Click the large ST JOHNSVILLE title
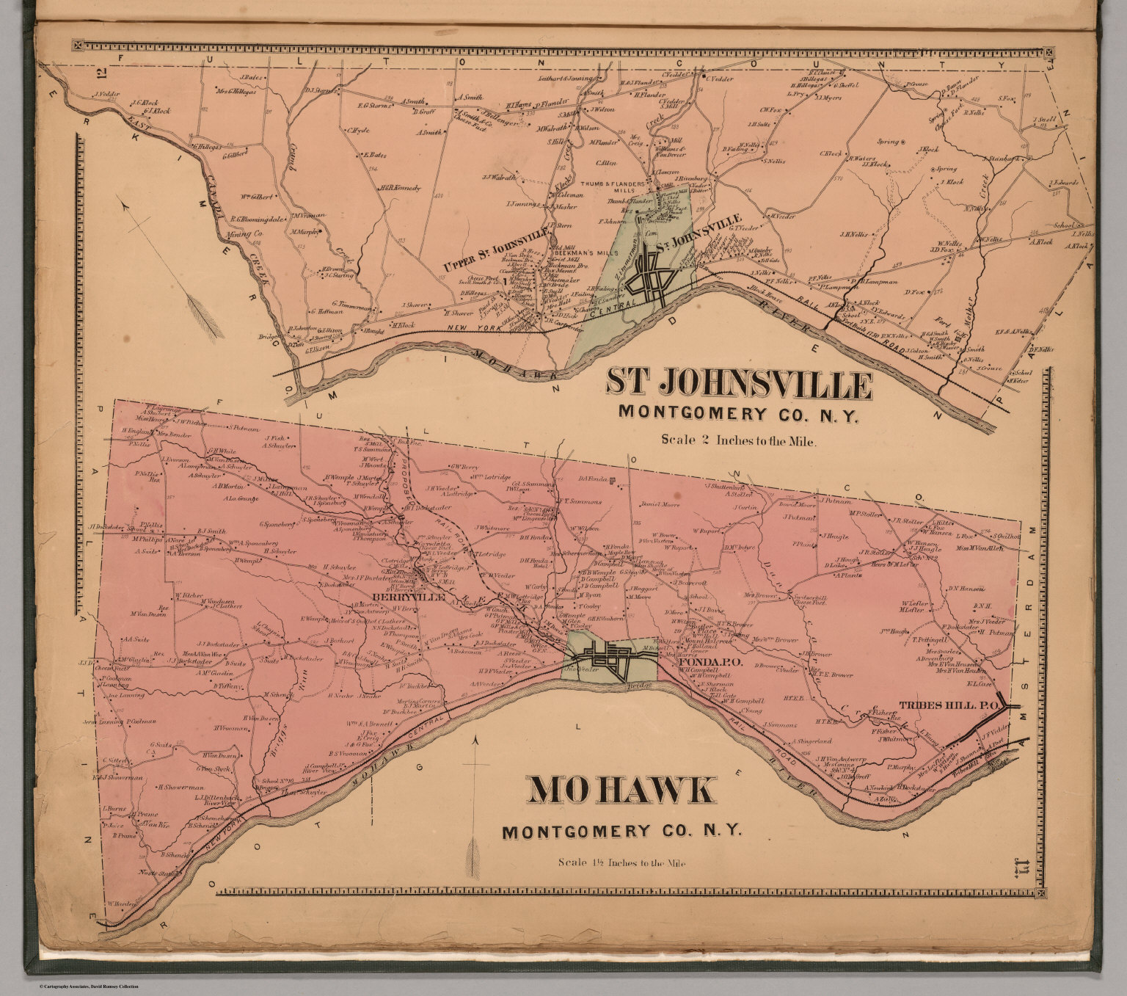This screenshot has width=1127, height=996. [739, 384]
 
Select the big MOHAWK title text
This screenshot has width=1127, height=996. [621, 790]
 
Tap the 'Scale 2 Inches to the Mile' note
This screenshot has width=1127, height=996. [738, 441]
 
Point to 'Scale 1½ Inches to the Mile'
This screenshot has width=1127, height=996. [621, 863]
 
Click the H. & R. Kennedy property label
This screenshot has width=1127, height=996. [400, 188]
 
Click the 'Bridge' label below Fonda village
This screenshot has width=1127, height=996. [635, 686]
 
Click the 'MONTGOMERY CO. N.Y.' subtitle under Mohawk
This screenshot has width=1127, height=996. [621, 832]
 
